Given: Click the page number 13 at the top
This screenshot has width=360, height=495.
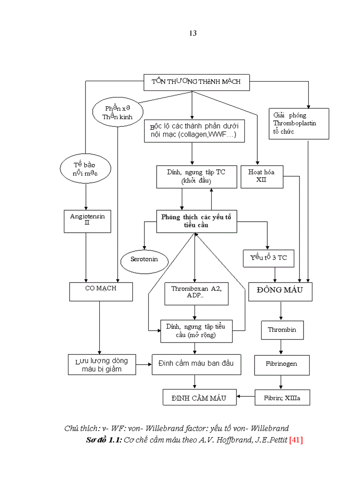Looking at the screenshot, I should tap(193, 33).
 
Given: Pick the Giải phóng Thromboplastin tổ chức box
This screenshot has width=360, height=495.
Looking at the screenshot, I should tap(299, 123).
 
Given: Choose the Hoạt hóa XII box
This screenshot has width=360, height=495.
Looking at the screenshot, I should tap(261, 176).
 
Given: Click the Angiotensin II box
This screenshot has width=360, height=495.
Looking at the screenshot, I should tap(87, 221).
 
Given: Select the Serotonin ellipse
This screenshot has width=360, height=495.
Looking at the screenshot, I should tap(144, 259).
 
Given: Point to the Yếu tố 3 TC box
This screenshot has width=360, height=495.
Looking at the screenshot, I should tap(268, 258).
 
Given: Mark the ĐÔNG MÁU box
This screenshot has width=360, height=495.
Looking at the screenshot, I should tap(281, 291).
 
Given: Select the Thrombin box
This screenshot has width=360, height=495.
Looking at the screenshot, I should tap(282, 330).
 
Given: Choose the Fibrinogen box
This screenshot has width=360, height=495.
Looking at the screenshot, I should tap(281, 365).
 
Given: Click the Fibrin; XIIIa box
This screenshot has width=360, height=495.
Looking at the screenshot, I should tap(282, 398).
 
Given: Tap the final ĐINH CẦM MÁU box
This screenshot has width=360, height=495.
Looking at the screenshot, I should tap(199, 398).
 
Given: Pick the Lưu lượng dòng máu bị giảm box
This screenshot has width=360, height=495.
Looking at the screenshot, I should tap(101, 365).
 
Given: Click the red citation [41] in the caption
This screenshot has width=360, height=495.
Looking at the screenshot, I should tap(296, 440).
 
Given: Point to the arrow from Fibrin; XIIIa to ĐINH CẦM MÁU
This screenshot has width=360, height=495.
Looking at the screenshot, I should tap(246, 398).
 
